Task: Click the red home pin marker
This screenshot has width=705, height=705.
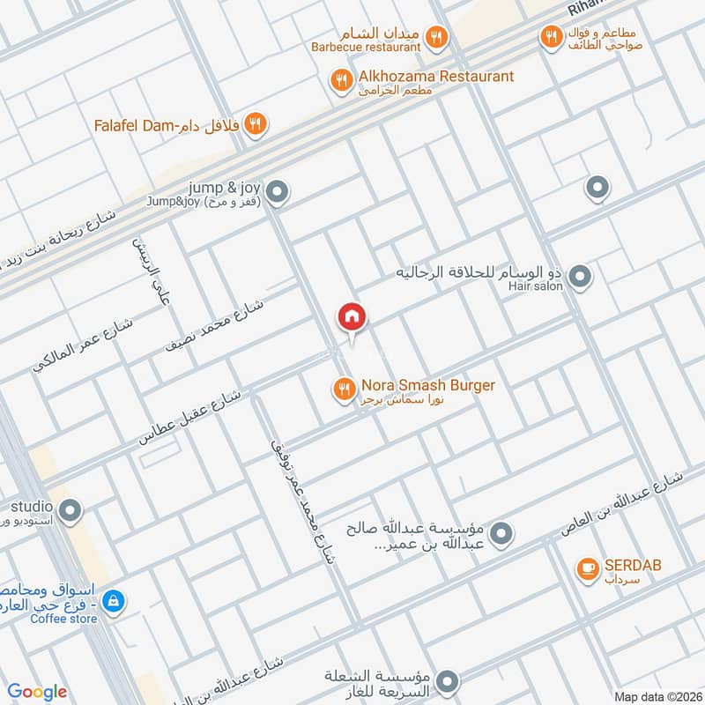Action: pos(352,318)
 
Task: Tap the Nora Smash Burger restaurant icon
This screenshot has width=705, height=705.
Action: pos(343,387)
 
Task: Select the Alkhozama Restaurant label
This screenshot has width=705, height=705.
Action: pos(435,77)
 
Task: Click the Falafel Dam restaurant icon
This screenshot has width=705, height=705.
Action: pos(256,124)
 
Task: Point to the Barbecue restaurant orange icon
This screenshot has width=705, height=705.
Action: pos(436,37)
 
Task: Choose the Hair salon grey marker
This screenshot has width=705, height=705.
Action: pos(580,278)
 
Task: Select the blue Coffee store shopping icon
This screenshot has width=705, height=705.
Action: pos(113,602)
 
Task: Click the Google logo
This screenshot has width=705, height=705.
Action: pos(37,692)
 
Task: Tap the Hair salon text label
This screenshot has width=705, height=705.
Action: pos(534,287)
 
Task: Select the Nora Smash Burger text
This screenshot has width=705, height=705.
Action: pos(427,385)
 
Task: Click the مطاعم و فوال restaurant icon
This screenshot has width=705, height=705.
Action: pos(551,36)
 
